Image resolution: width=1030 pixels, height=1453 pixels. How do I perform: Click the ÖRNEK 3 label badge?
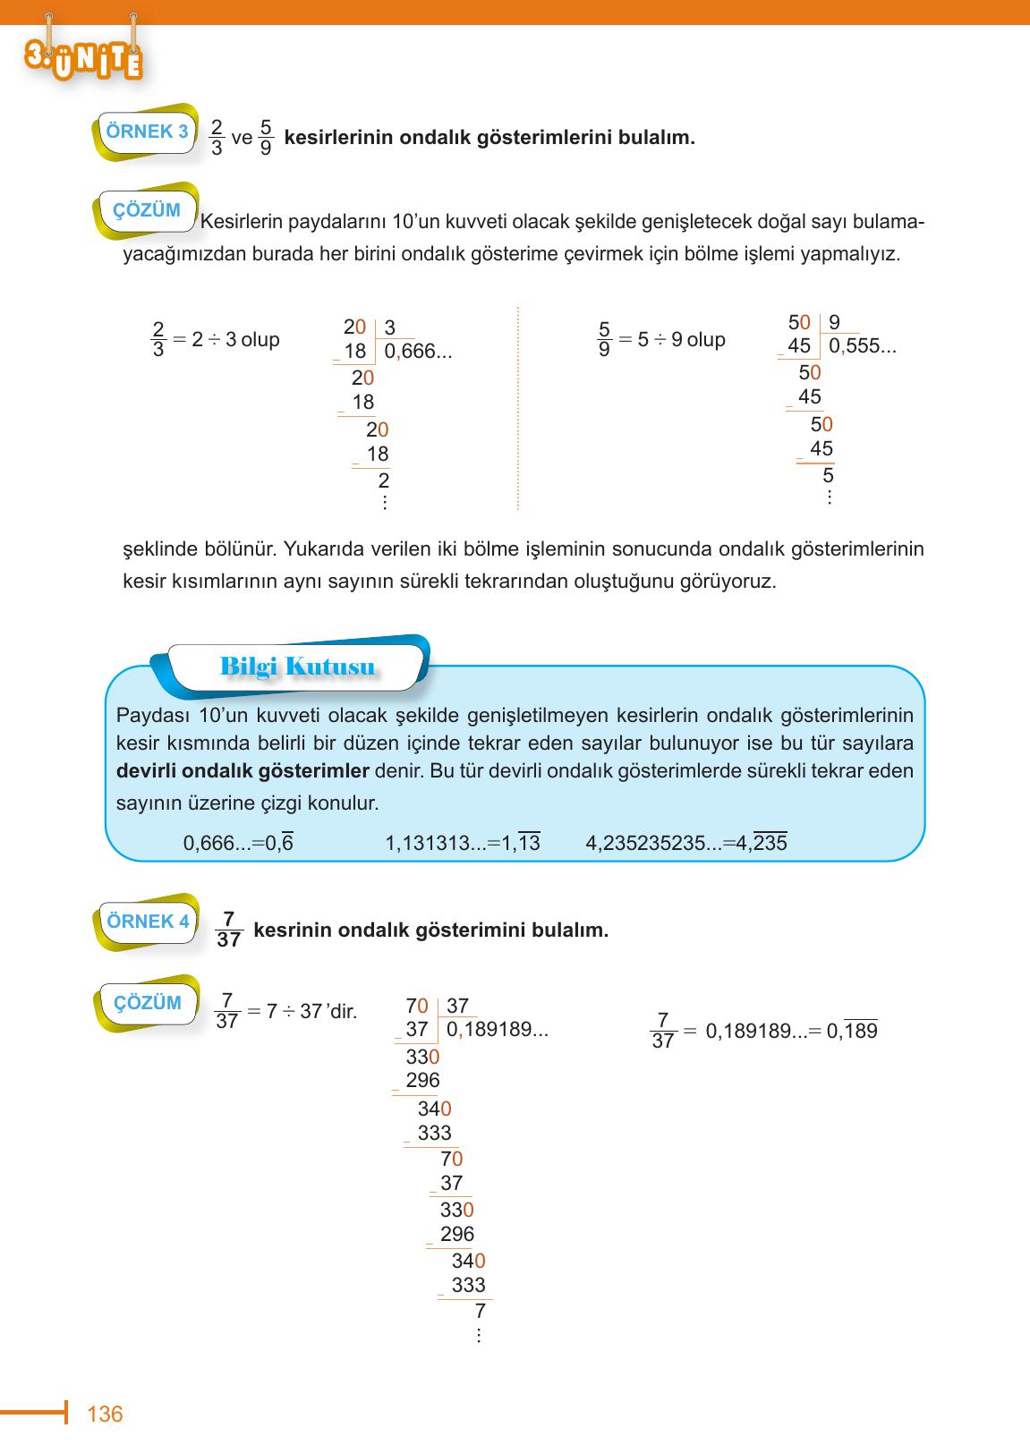146,132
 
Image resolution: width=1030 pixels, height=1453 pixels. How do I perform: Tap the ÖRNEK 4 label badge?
148,921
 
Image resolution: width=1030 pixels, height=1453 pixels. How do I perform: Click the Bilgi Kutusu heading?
296,667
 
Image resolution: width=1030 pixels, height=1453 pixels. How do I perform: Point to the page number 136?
106,1415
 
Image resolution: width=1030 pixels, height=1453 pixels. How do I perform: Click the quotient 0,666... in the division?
418,352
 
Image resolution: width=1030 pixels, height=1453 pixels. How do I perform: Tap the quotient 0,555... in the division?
862,346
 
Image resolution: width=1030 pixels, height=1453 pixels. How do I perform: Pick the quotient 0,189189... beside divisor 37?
497,1030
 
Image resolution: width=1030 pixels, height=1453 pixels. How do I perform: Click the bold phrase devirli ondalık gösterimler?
243,771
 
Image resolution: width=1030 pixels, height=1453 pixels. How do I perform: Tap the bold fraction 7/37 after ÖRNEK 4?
228,930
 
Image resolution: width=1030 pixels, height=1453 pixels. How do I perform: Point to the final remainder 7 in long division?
480,1312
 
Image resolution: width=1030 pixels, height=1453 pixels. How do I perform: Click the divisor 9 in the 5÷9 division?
834,323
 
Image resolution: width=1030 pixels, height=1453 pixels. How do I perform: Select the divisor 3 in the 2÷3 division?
390,328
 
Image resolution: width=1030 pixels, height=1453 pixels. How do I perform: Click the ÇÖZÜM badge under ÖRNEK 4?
147,1003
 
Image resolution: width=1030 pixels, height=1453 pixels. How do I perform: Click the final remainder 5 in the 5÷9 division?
828,474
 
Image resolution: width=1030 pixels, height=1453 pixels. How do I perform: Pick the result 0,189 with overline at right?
851,1031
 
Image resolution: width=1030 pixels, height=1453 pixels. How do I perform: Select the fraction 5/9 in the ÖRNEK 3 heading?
266,138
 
